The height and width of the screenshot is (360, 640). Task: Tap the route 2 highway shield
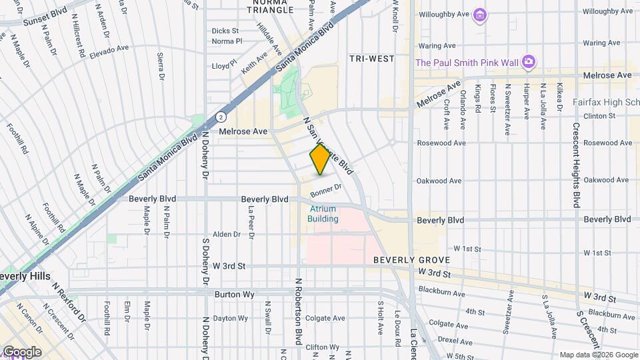pyautogui.click(x=221, y=117)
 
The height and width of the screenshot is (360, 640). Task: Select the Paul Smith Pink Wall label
pyautogui.click(x=467, y=63)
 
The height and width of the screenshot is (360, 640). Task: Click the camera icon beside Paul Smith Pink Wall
pyautogui.click(x=529, y=62)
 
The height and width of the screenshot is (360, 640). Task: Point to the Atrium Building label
pyautogui.click(x=323, y=214)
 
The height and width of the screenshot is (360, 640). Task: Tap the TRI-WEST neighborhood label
pyautogui.click(x=372, y=59)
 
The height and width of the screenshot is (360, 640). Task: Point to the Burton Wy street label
pyautogui.click(x=232, y=293)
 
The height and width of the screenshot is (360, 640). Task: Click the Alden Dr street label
pyautogui.click(x=227, y=234)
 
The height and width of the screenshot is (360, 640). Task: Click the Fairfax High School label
pyautogui.click(x=605, y=103)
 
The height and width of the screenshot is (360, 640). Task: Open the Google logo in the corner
pyautogui.click(x=21, y=351)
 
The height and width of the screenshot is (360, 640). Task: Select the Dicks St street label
pyautogui.click(x=225, y=31)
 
